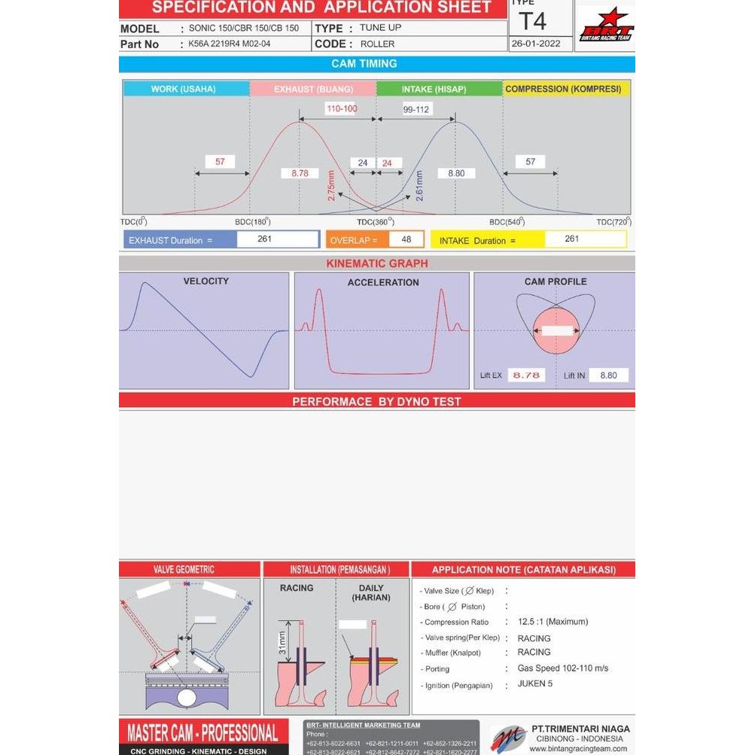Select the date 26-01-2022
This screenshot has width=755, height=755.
pyautogui.click(x=536, y=44)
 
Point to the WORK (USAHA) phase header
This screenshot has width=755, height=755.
pyautogui.click(x=184, y=89)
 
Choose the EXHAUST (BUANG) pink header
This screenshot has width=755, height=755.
pyautogui.click(x=312, y=89)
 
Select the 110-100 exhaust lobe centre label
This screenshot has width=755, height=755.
pyautogui.click(x=341, y=108)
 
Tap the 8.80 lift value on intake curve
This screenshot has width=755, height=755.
pyautogui.click(x=456, y=173)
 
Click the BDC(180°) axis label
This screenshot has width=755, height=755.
pyautogui.click(x=252, y=222)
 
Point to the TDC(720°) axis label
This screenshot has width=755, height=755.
pyautogui.click(x=613, y=222)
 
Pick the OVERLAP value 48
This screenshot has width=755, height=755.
pyautogui.click(x=406, y=239)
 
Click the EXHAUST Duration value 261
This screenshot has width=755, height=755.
pyautogui.click(x=264, y=239)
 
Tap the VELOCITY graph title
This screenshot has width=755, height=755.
pyautogui.click(x=205, y=281)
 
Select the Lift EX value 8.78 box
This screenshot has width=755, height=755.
pyautogui.click(x=526, y=375)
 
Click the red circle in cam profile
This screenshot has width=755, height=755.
pyautogui.click(x=556, y=330)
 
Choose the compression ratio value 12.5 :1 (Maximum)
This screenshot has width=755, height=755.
pyautogui.click(x=553, y=622)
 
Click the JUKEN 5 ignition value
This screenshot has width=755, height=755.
pyautogui.click(x=535, y=683)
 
